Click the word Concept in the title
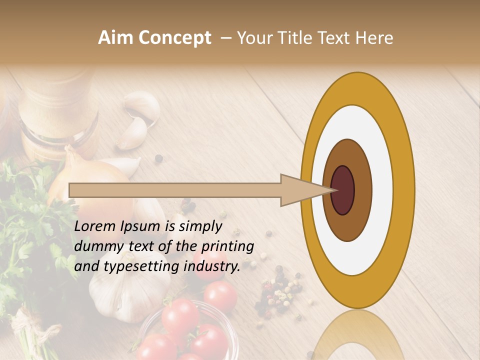pos(175,38)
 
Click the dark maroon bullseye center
pos(343,190)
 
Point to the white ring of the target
pos(382,190)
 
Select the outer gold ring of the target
pos(404,190)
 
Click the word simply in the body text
pos(200,227)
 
